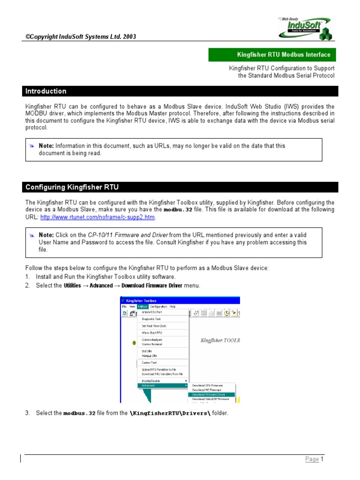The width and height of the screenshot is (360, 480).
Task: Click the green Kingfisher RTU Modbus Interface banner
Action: click(x=273, y=55)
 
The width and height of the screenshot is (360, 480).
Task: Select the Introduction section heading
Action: click(x=46, y=91)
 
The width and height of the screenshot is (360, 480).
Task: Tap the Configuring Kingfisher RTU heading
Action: click(x=72, y=187)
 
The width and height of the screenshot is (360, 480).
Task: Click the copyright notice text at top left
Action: click(x=81, y=37)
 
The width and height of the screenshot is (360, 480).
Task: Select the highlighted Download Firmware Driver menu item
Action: click(x=209, y=395)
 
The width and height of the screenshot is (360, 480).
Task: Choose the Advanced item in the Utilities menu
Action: click(x=149, y=385)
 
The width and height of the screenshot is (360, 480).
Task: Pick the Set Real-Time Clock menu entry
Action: click(x=154, y=326)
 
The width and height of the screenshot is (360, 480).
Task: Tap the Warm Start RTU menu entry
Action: click(x=152, y=333)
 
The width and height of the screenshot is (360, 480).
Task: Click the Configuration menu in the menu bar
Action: click(x=158, y=306)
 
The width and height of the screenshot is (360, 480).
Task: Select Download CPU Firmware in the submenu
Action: click(x=208, y=385)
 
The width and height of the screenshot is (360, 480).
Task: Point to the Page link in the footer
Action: click(x=312, y=459)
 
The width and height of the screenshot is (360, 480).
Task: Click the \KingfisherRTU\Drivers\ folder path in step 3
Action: click(x=170, y=413)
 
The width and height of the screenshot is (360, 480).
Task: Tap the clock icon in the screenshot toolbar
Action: click(x=226, y=313)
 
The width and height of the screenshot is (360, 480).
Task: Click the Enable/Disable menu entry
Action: click(x=151, y=381)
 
